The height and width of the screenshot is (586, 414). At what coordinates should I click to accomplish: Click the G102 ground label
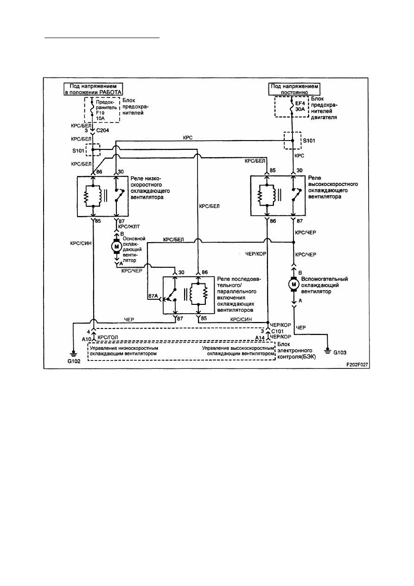(74, 361)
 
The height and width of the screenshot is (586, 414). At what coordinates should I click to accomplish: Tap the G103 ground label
(340, 352)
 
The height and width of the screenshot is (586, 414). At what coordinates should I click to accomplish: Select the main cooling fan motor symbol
(116, 246)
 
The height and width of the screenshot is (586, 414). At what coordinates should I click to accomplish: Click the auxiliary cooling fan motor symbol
(293, 284)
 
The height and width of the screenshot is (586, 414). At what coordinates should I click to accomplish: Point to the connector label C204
(103, 130)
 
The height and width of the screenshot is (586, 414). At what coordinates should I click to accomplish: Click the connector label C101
(277, 331)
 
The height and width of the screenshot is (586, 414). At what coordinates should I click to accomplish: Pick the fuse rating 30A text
(300, 109)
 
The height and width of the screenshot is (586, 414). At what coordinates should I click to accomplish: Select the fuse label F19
(100, 113)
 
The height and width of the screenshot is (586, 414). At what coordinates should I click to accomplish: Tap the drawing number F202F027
(357, 365)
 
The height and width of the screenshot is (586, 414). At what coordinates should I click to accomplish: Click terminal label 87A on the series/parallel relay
(153, 296)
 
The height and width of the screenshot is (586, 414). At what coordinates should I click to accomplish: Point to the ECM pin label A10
(86, 339)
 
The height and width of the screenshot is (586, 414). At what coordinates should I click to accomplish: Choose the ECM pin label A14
(260, 338)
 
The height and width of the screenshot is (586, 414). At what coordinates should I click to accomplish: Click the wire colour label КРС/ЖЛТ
(129, 226)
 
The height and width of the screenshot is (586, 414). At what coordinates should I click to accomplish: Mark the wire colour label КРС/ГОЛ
(108, 337)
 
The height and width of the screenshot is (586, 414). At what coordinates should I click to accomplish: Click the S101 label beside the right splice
(309, 141)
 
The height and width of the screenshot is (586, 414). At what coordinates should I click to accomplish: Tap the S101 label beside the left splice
(78, 151)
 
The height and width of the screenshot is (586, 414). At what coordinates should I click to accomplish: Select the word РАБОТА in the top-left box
(110, 92)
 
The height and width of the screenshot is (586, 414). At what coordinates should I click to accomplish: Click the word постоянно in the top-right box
(294, 92)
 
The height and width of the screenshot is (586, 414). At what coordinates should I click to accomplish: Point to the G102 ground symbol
(74, 354)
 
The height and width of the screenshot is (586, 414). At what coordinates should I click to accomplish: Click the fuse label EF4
(300, 103)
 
